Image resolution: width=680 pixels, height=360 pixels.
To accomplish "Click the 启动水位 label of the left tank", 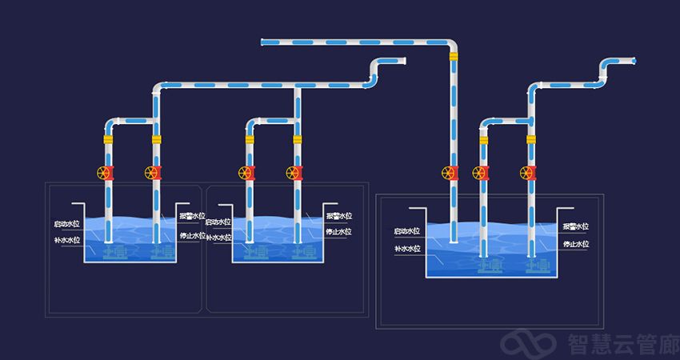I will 66,224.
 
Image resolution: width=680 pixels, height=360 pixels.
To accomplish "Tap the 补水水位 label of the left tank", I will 66,239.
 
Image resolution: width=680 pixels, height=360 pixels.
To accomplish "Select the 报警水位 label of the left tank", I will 193,216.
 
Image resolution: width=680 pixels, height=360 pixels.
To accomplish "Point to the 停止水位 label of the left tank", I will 193,235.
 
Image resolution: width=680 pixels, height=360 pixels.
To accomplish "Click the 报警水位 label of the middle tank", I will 338,216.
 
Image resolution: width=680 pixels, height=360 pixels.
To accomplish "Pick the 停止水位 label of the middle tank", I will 338,232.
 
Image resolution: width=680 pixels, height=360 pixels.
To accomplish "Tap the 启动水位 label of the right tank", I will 407,231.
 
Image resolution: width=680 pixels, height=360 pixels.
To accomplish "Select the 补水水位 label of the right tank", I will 407,250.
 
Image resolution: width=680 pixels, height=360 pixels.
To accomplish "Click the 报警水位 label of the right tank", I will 575,227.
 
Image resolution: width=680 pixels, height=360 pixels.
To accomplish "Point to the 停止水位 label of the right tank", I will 575,245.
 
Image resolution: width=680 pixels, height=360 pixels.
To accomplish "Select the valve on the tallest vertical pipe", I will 452,172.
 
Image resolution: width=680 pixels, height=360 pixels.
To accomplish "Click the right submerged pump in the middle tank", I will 298,252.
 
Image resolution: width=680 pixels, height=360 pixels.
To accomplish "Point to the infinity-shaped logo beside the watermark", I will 528,344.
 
